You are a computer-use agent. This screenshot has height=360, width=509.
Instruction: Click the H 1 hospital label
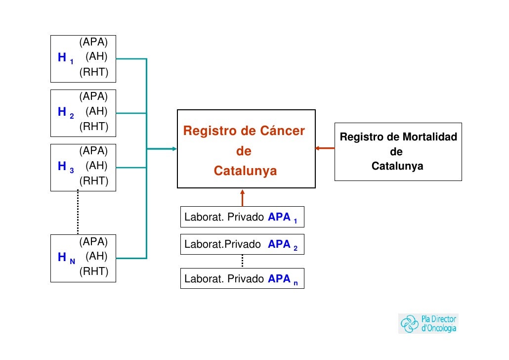click(x=65, y=58)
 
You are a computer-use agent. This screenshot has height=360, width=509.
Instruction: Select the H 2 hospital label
click(x=65, y=113)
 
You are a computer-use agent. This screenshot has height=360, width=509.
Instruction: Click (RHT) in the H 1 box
click(x=94, y=73)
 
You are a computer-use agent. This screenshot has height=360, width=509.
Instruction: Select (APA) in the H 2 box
click(x=94, y=95)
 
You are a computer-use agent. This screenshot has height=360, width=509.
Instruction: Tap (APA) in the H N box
click(x=94, y=241)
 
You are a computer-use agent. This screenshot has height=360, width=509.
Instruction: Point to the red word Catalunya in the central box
click(x=245, y=171)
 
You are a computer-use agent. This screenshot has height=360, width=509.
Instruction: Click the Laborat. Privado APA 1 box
click(x=242, y=217)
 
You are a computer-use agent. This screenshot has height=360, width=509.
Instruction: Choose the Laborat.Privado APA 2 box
click(x=242, y=244)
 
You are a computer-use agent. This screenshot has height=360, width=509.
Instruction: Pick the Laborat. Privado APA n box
click(x=242, y=279)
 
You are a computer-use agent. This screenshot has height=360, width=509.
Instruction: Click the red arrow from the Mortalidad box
click(x=325, y=148)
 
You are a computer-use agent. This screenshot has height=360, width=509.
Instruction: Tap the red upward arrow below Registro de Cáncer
click(x=242, y=197)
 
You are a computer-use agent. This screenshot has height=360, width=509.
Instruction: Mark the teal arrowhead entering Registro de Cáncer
click(x=173, y=148)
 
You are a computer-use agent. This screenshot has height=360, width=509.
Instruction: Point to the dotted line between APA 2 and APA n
click(x=242, y=261)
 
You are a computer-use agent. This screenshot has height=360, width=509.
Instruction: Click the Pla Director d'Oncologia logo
click(x=428, y=323)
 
